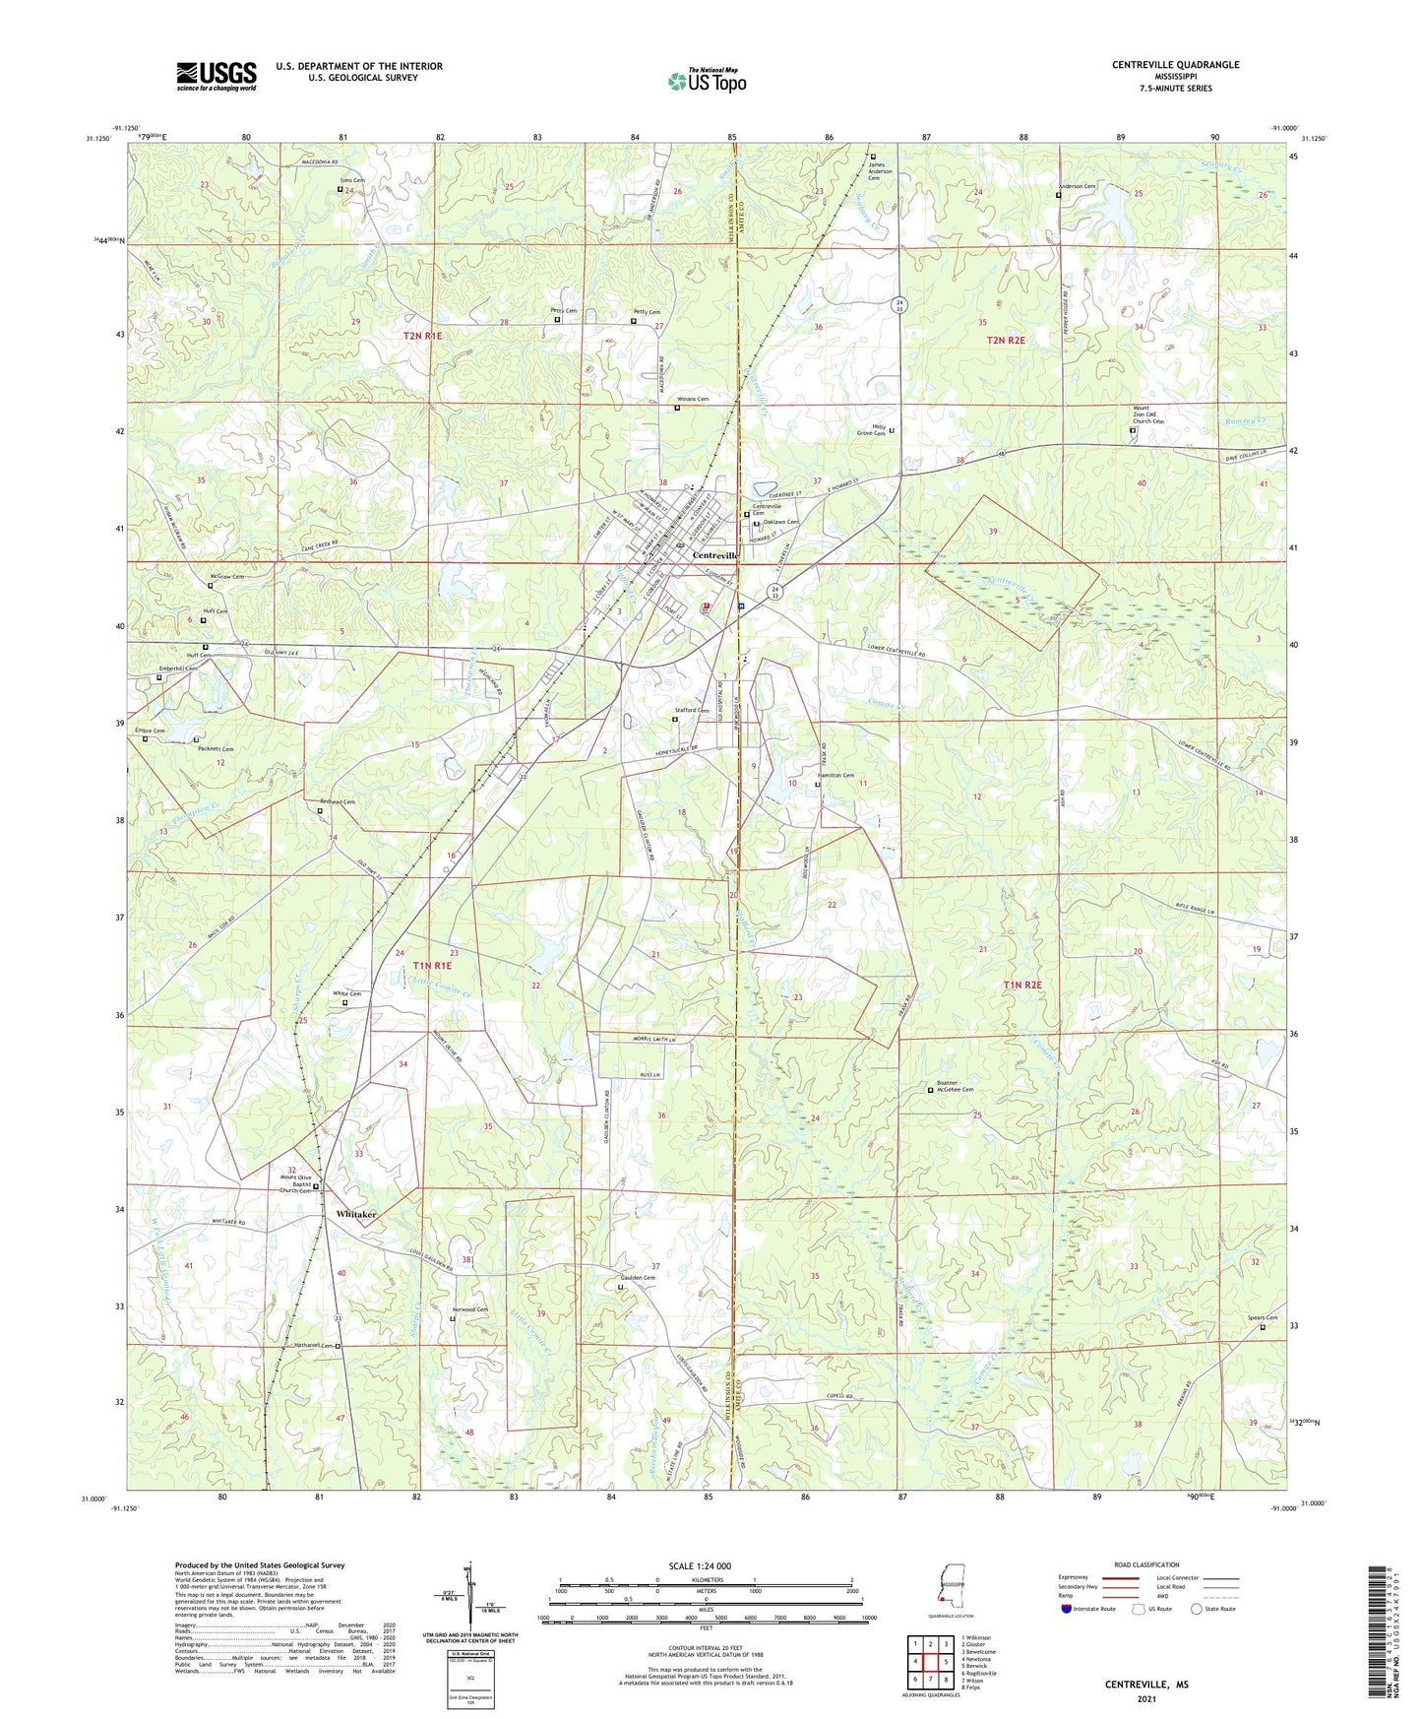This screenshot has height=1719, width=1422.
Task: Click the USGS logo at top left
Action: pyautogui.click(x=216, y=76)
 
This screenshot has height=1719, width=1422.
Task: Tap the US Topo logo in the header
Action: pyautogui.click(x=707, y=81)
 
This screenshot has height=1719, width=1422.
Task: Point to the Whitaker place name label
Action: pyautogui.click(x=356, y=1215)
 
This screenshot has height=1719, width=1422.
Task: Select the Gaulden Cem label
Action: pyautogui.click(x=636, y=1278)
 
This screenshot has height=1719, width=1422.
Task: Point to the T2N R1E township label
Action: pyautogui.click(x=423, y=337)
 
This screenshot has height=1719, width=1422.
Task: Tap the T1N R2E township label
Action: pyautogui.click(x=1021, y=985)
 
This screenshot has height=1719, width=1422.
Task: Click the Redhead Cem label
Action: pyautogui.click(x=336, y=802)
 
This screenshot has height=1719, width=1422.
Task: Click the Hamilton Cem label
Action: pyautogui.click(x=835, y=776)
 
